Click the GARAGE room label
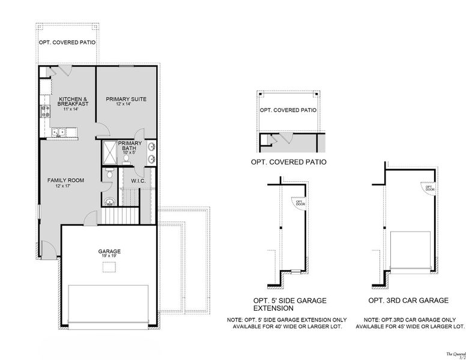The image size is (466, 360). pyautogui.click(x=110, y=251)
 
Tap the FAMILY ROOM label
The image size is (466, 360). pyautogui.click(x=65, y=180)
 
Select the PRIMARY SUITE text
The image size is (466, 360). pyautogui.click(x=126, y=99)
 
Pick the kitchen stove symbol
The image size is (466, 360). pyautogui.click(x=44, y=110)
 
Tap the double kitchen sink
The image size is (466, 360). pyautogui.click(x=58, y=133)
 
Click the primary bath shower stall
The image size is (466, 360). pyautogui.click(x=109, y=152)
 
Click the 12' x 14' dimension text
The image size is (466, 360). pyautogui.click(x=126, y=105)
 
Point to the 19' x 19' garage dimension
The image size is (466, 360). pyautogui.click(x=110, y=257)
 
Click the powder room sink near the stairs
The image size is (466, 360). pyautogui.click(x=109, y=200)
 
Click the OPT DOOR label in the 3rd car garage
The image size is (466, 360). pyautogui.click(x=429, y=188)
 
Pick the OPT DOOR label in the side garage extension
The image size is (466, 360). pyautogui.click(x=298, y=203)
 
